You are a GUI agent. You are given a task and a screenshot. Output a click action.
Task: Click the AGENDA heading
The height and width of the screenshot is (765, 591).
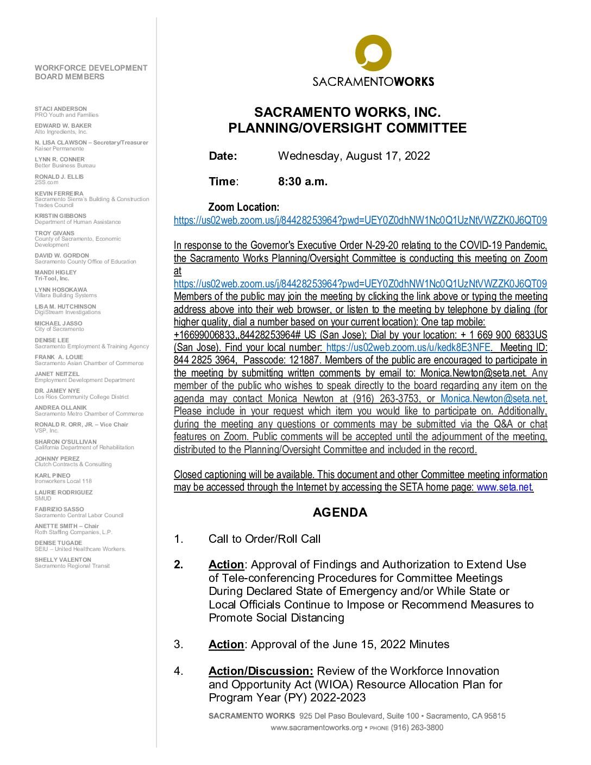click(x=340, y=512)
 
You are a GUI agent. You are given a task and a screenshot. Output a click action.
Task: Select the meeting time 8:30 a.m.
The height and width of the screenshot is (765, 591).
click(x=303, y=181)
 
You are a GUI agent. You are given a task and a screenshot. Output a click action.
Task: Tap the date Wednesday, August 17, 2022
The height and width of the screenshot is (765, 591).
click(x=354, y=156)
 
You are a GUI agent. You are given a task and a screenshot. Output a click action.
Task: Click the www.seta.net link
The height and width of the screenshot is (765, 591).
click(x=505, y=487)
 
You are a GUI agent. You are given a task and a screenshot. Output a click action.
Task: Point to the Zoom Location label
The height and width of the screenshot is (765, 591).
click(x=244, y=207)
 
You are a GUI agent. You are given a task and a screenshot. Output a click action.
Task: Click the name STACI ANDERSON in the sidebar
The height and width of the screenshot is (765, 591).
click(x=60, y=109)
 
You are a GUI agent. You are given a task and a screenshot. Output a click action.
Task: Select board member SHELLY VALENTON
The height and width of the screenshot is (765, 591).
click(x=62, y=560)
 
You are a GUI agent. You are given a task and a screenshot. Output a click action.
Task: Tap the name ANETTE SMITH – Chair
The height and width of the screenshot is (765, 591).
click(x=67, y=526)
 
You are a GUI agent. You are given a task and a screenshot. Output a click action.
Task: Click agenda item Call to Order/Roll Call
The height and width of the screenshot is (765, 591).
click(x=265, y=539)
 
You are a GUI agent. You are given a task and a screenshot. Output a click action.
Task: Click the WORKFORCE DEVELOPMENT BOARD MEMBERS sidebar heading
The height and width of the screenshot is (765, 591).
click(x=91, y=72)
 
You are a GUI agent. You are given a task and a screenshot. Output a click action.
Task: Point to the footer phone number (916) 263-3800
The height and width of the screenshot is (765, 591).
click(x=417, y=727)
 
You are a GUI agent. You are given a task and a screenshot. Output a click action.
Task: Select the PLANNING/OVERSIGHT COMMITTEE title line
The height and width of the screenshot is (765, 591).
click(x=347, y=128)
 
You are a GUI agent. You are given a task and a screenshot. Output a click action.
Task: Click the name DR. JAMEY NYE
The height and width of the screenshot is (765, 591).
click(x=57, y=391)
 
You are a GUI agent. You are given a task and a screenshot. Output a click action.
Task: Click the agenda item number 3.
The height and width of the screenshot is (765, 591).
click(x=178, y=644)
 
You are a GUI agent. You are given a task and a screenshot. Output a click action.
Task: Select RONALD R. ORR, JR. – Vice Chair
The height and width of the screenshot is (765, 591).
click(x=81, y=424)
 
